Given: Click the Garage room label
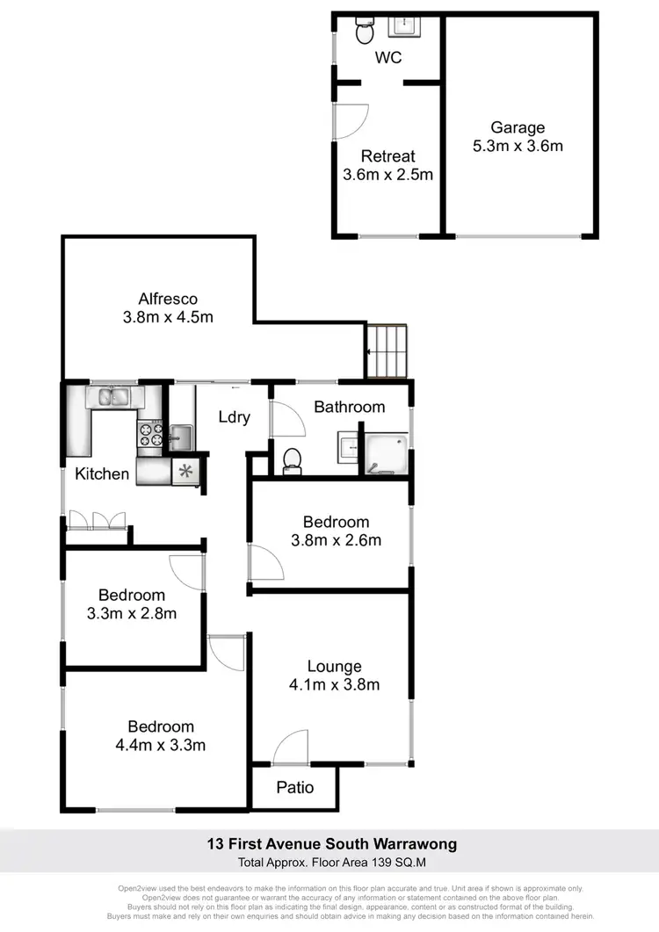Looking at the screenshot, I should pos(518,128).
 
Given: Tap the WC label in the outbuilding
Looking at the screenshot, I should pos(388,59).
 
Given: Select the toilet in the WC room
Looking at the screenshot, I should pos(365,32).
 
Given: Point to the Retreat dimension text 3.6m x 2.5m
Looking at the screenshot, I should pos(388,174).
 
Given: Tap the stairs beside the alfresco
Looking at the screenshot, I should pos(387,350).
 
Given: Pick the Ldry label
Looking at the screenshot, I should pos(235,417).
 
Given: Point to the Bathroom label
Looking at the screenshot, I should pos(349,407).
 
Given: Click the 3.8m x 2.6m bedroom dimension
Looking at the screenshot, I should pos(337,540).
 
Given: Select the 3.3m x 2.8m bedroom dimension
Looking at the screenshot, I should pos(132,613).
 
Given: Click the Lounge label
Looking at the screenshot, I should pos(334,667).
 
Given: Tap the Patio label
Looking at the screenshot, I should pos(295,787).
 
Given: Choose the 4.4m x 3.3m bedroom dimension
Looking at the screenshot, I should pos(161,746).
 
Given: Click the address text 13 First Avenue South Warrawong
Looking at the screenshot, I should pos(332,845).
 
